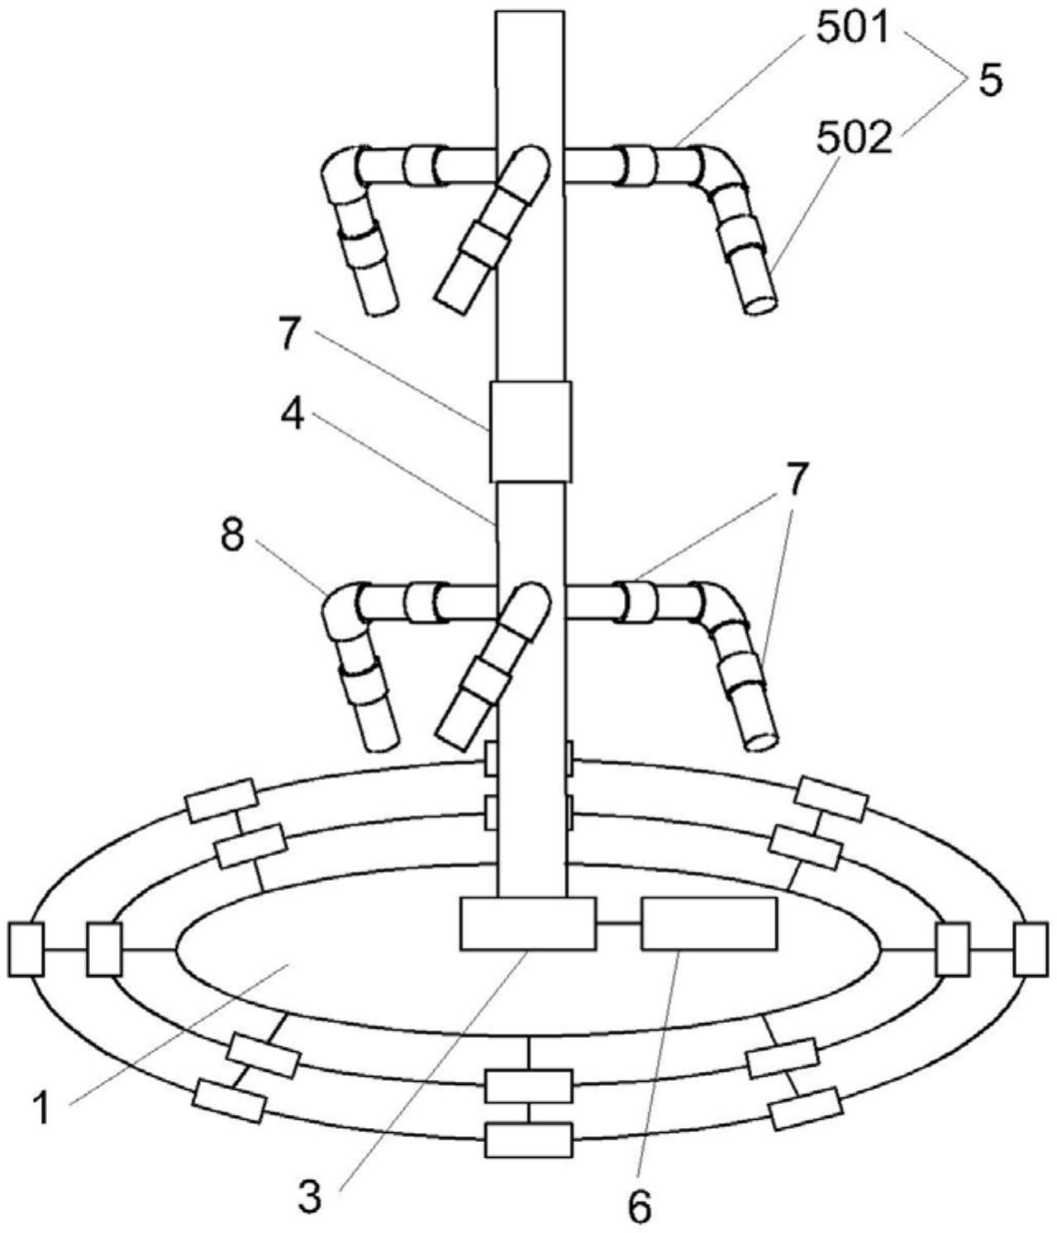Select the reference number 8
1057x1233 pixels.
click(x=232, y=538)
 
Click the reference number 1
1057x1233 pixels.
click(x=40, y=1107)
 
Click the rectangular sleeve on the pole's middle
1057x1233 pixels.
click(x=530, y=431)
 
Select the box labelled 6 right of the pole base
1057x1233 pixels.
click(x=708, y=923)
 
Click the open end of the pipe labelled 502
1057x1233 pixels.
click(x=760, y=304)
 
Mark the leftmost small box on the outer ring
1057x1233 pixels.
click(x=26, y=950)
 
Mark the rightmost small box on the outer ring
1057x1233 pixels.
click(x=1030, y=950)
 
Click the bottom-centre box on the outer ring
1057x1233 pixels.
click(x=528, y=1140)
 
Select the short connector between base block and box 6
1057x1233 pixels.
click(x=618, y=923)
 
